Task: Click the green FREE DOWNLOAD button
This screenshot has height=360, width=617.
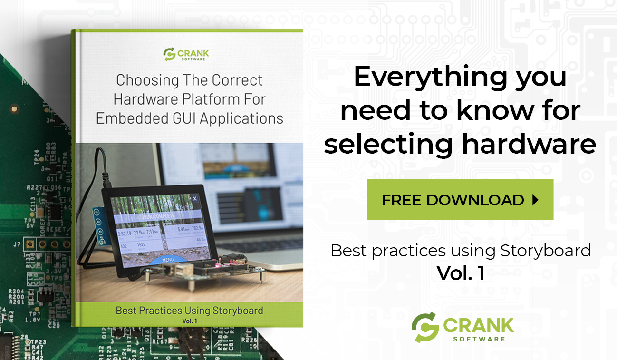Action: tap(460, 199)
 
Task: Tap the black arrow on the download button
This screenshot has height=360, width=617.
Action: tap(535, 200)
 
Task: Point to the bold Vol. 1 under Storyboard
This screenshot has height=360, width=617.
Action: tap(461, 273)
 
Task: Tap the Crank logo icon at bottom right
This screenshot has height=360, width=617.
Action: tap(425, 327)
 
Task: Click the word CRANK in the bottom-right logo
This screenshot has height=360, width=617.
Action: tap(479, 325)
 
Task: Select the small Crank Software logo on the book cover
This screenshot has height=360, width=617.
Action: tap(186, 54)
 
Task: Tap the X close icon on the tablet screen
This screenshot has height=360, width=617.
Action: tap(194, 199)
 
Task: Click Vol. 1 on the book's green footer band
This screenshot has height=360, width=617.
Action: tap(189, 321)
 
